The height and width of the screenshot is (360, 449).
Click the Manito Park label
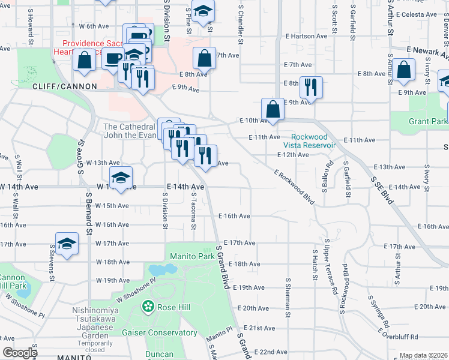192,256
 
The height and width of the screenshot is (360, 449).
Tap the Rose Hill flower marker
148,307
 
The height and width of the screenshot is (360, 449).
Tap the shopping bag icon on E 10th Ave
273,110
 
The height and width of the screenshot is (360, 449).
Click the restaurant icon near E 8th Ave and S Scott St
310,87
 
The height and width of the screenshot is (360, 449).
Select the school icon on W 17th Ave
67,243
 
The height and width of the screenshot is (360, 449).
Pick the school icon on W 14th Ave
121,178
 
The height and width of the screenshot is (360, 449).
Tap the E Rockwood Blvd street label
294,187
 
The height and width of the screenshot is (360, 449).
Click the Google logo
20,353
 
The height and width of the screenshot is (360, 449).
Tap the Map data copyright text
423,356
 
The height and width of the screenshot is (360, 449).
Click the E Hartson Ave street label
307,36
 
